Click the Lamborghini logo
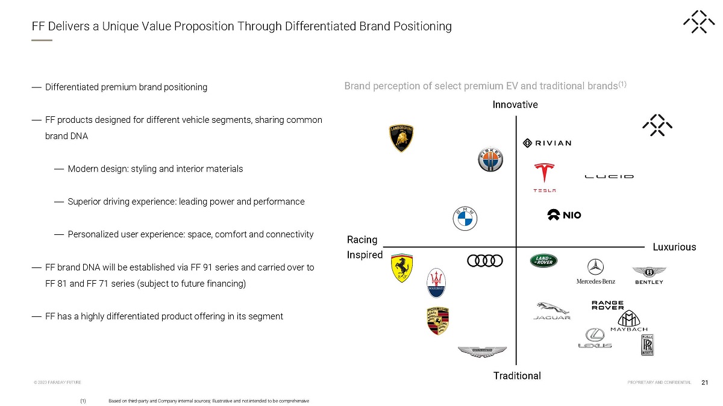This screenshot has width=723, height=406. click(401, 138)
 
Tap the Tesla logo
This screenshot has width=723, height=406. click(544, 177)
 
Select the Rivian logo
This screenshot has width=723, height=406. click(546, 143)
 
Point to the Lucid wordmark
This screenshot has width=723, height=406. click(609, 176)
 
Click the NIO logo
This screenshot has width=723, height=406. click(564, 215)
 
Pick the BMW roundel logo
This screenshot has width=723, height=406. click(465, 218)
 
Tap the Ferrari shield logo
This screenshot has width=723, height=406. click(401, 268)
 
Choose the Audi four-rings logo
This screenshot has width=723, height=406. click(485, 261)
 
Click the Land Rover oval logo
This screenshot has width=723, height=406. click(544, 261)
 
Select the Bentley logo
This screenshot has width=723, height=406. click(649, 275)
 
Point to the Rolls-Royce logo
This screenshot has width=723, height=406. click(648, 345)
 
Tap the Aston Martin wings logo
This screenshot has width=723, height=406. click(482, 352)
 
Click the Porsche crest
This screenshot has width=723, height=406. click(438, 320)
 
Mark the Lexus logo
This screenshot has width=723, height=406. click(595, 338)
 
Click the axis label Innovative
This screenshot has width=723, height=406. click(515, 105)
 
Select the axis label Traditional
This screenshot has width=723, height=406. click(517, 376)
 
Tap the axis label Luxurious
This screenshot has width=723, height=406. click(674, 247)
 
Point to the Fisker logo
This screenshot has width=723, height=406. click(490, 160)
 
